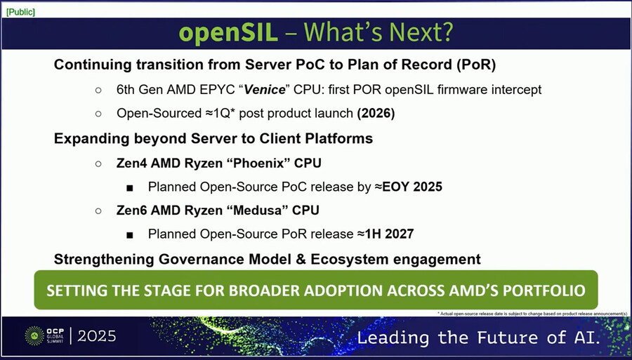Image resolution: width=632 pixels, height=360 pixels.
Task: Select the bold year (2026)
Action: (376, 113)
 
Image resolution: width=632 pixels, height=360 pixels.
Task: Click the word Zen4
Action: (131, 163)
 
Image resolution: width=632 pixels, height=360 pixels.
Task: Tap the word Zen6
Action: (131, 211)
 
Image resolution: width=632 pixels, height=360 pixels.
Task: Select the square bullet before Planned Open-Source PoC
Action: (131, 187)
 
